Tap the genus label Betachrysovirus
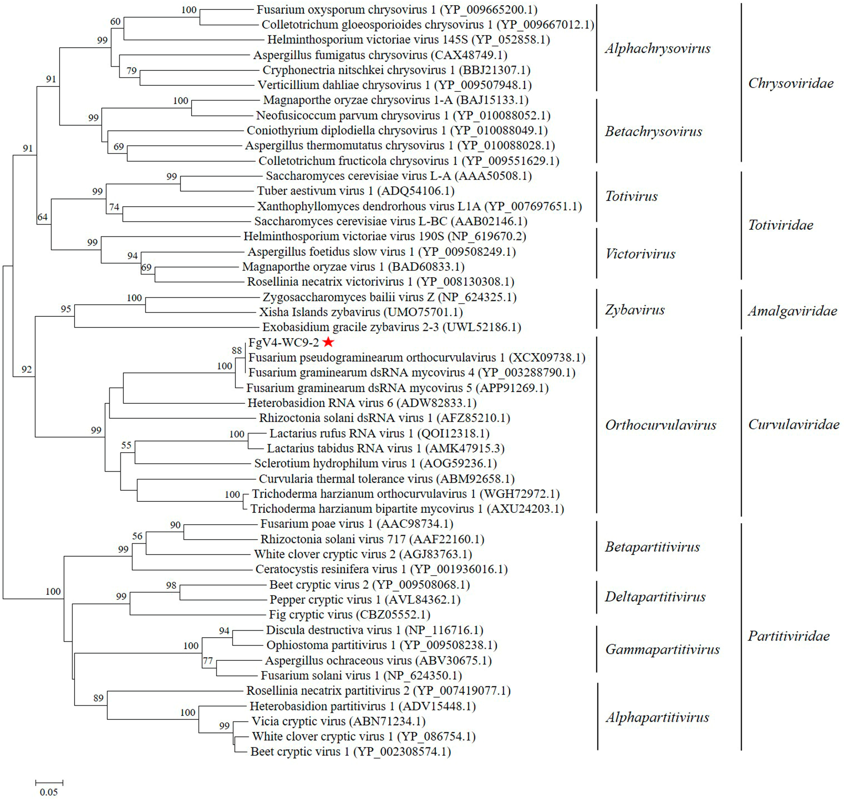point(653,131)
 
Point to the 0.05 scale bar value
point(48,792)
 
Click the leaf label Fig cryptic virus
point(349,614)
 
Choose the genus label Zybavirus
point(635,310)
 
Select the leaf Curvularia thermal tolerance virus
point(386,479)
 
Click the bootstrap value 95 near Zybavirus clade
point(66,309)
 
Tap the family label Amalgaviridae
point(792,311)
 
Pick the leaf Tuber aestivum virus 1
point(355,191)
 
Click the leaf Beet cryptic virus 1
point(350,752)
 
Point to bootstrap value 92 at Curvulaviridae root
point(26,369)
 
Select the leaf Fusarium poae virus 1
point(357,524)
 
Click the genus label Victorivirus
point(640,254)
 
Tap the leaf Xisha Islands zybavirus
point(361,312)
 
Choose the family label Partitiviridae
point(789,636)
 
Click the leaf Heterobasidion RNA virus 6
point(362,403)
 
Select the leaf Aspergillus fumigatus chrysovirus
point(380,55)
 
